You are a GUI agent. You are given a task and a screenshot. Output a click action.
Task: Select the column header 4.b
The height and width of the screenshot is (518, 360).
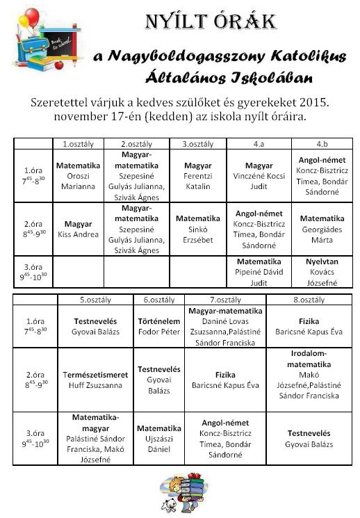point(322,144)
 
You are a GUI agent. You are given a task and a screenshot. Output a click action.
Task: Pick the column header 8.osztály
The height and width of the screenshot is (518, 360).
point(308,300)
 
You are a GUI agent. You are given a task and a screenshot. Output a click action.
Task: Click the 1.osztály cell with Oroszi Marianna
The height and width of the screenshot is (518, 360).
point(78,176)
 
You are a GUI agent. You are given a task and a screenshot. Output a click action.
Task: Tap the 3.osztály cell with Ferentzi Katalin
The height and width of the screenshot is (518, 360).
point(197,176)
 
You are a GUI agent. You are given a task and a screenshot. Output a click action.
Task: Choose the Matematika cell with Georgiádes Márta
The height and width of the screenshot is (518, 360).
point(322,229)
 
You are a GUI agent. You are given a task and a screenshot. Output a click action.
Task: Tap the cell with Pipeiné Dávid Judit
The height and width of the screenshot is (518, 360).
point(259,272)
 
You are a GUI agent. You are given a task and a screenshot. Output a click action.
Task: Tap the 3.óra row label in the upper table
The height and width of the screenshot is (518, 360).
point(33,271)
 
